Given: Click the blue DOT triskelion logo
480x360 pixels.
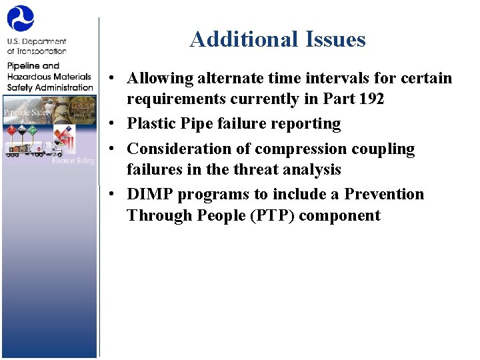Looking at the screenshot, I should point(21,19).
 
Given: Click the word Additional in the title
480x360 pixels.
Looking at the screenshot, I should point(233,39).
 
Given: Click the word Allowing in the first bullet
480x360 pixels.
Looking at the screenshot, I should point(158,78).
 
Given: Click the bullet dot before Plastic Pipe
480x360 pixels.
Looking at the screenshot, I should point(115,125).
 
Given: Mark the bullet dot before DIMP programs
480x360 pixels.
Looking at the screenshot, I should point(115,195).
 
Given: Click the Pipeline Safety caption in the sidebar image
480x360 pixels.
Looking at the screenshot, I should point(28,112).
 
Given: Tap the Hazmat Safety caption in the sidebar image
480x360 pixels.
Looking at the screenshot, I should point(73,161).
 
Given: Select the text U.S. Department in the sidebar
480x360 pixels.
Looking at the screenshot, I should point(37,41).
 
